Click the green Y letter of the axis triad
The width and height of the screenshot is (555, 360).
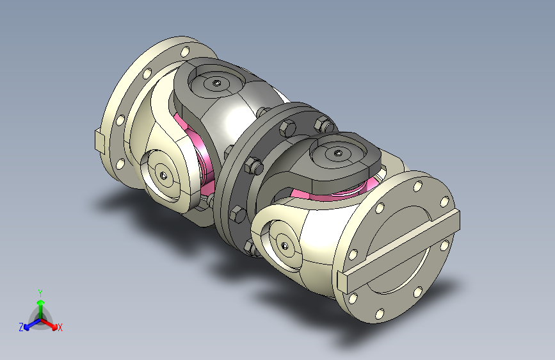click(x=40, y=293)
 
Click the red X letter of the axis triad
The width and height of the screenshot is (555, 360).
click(x=60, y=327)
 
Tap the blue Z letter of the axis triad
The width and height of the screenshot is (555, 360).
click(x=21, y=327)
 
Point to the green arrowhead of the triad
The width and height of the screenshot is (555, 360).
click(x=41, y=302)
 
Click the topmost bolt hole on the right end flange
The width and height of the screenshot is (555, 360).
click(x=418, y=186)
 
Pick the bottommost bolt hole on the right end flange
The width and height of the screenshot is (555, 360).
click(x=380, y=314)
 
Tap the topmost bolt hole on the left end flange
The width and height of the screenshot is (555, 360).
click(x=185, y=52)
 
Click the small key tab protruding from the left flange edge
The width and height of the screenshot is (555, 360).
click(x=100, y=140)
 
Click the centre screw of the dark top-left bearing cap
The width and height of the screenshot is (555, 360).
click(x=216, y=83)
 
